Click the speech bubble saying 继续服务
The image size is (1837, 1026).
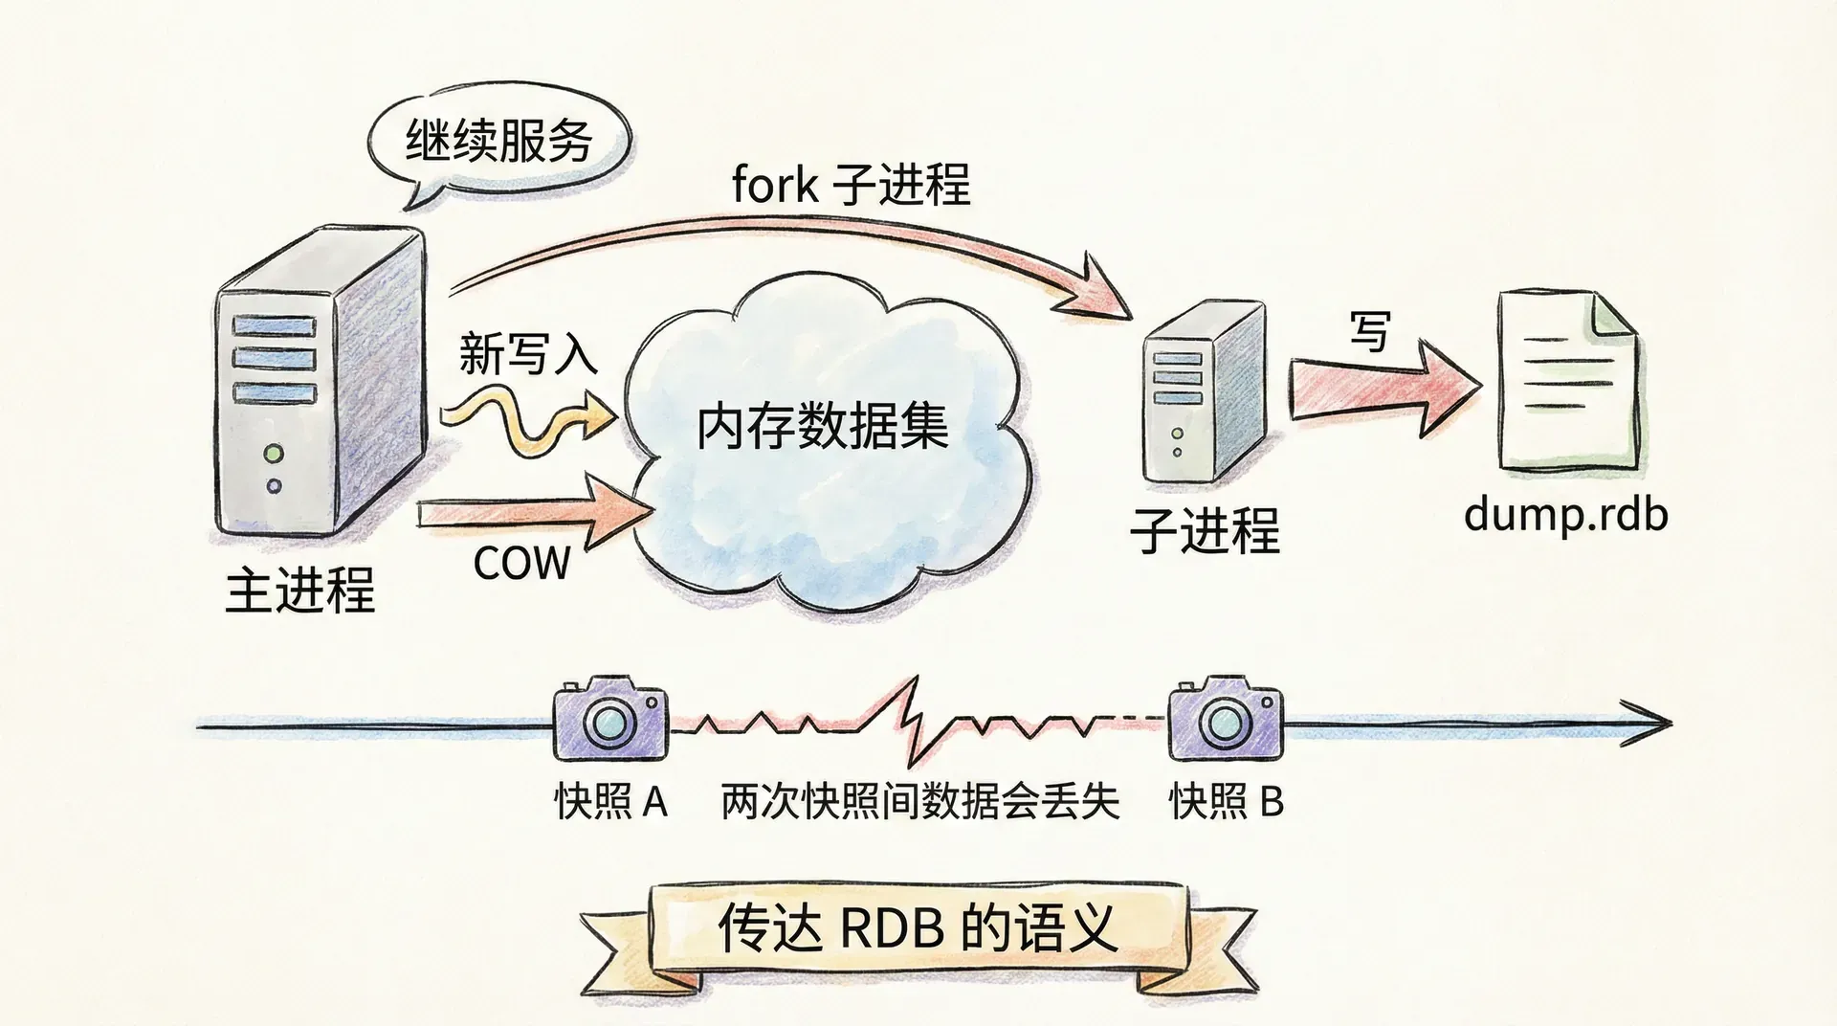498,144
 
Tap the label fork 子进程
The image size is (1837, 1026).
851,184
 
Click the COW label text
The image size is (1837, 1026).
521,563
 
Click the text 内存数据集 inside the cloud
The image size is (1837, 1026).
822,427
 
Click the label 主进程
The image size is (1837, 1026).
299,591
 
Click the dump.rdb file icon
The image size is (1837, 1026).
1565,383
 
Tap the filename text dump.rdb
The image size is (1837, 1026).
1565,515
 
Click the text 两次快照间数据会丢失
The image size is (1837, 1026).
919,801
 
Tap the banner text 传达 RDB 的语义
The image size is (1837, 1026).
918,927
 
